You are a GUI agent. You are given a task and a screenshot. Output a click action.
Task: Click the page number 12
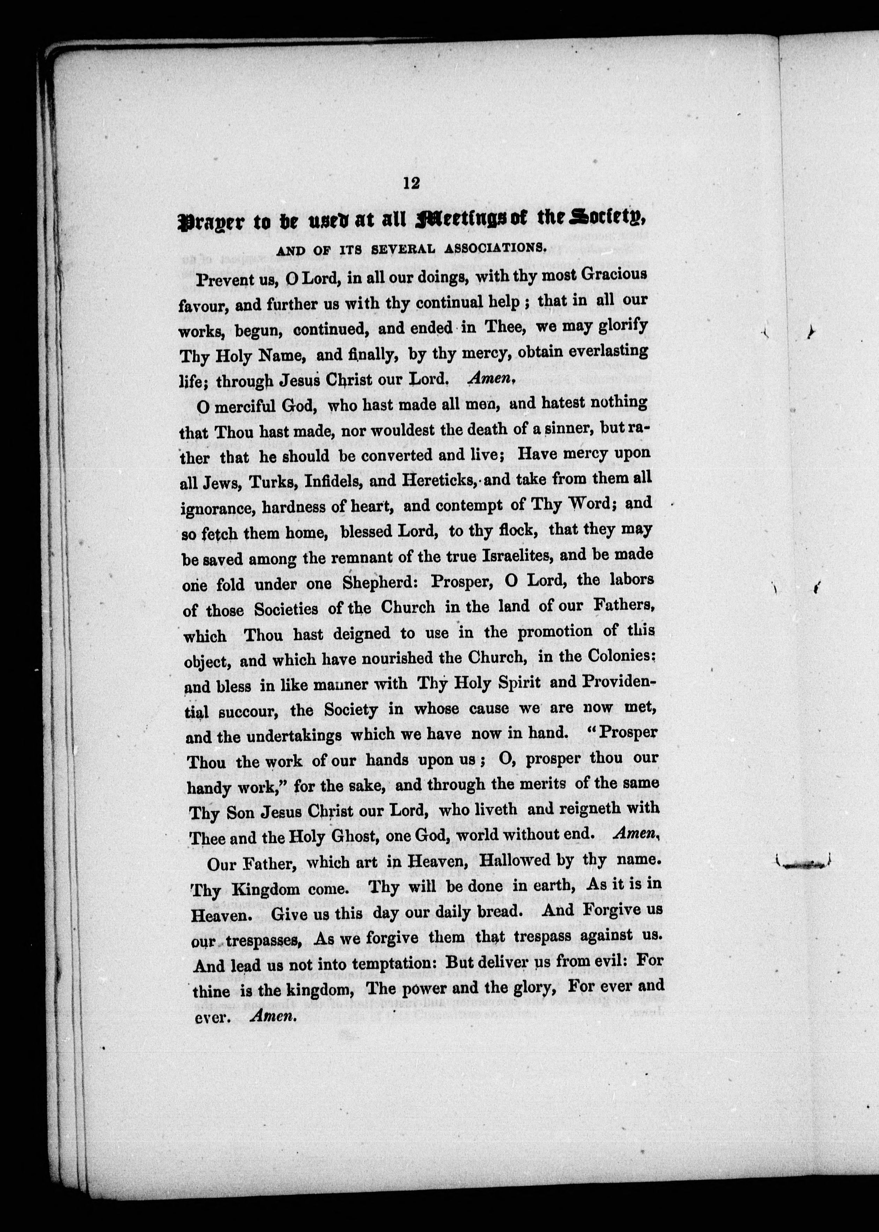click(411, 183)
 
